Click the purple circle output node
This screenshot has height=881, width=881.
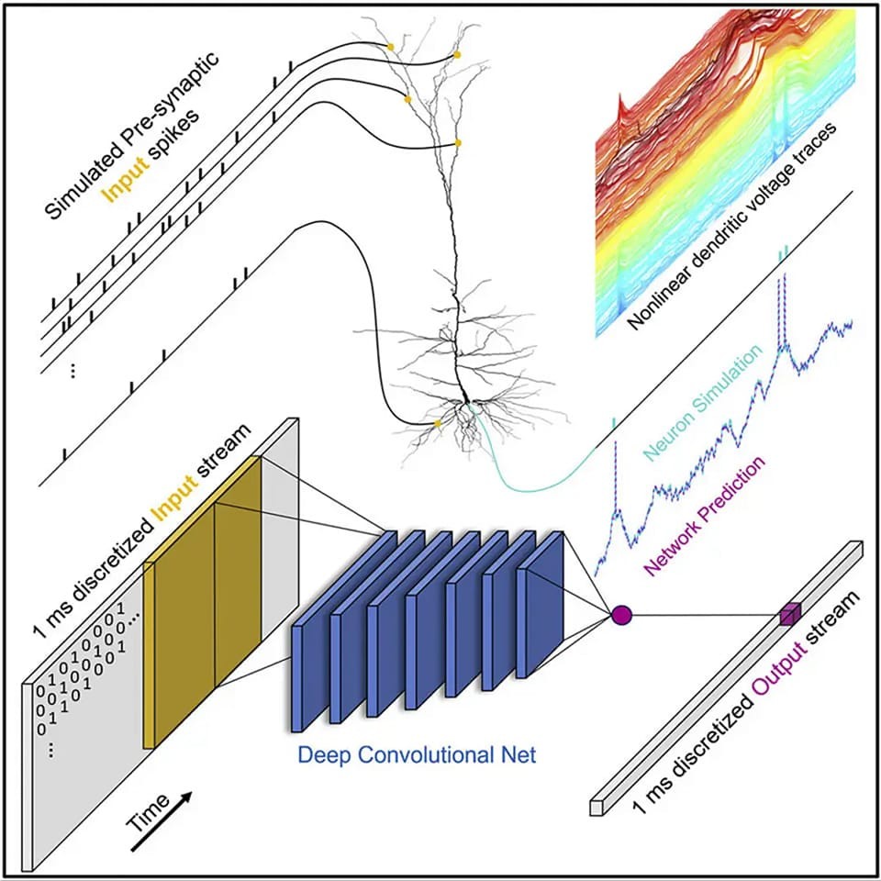pyautogui.click(x=621, y=615)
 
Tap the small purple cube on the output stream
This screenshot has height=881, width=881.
pyautogui.click(x=789, y=613)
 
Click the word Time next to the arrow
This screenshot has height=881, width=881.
pyautogui.click(x=147, y=812)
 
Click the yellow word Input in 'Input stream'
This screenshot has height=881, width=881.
pyautogui.click(x=175, y=506)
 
